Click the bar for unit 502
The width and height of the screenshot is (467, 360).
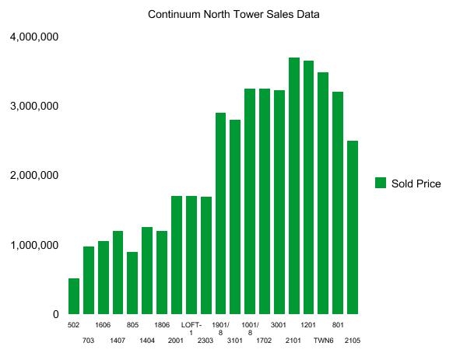(x=74, y=296)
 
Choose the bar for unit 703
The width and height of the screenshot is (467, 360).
(x=89, y=280)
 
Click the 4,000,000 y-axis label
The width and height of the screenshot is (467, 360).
(x=34, y=37)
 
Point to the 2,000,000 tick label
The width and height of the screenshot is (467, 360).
(x=34, y=176)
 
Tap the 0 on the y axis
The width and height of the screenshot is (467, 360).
(x=55, y=315)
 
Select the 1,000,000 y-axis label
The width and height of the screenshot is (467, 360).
(x=34, y=246)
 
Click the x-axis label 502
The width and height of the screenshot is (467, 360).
(x=74, y=325)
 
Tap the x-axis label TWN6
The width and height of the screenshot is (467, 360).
(x=323, y=341)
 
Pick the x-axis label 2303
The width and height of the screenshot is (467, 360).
(x=205, y=341)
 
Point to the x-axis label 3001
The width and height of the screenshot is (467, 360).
(x=279, y=325)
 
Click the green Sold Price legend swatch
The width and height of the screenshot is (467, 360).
(x=381, y=183)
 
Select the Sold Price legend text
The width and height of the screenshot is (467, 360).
(x=416, y=183)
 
